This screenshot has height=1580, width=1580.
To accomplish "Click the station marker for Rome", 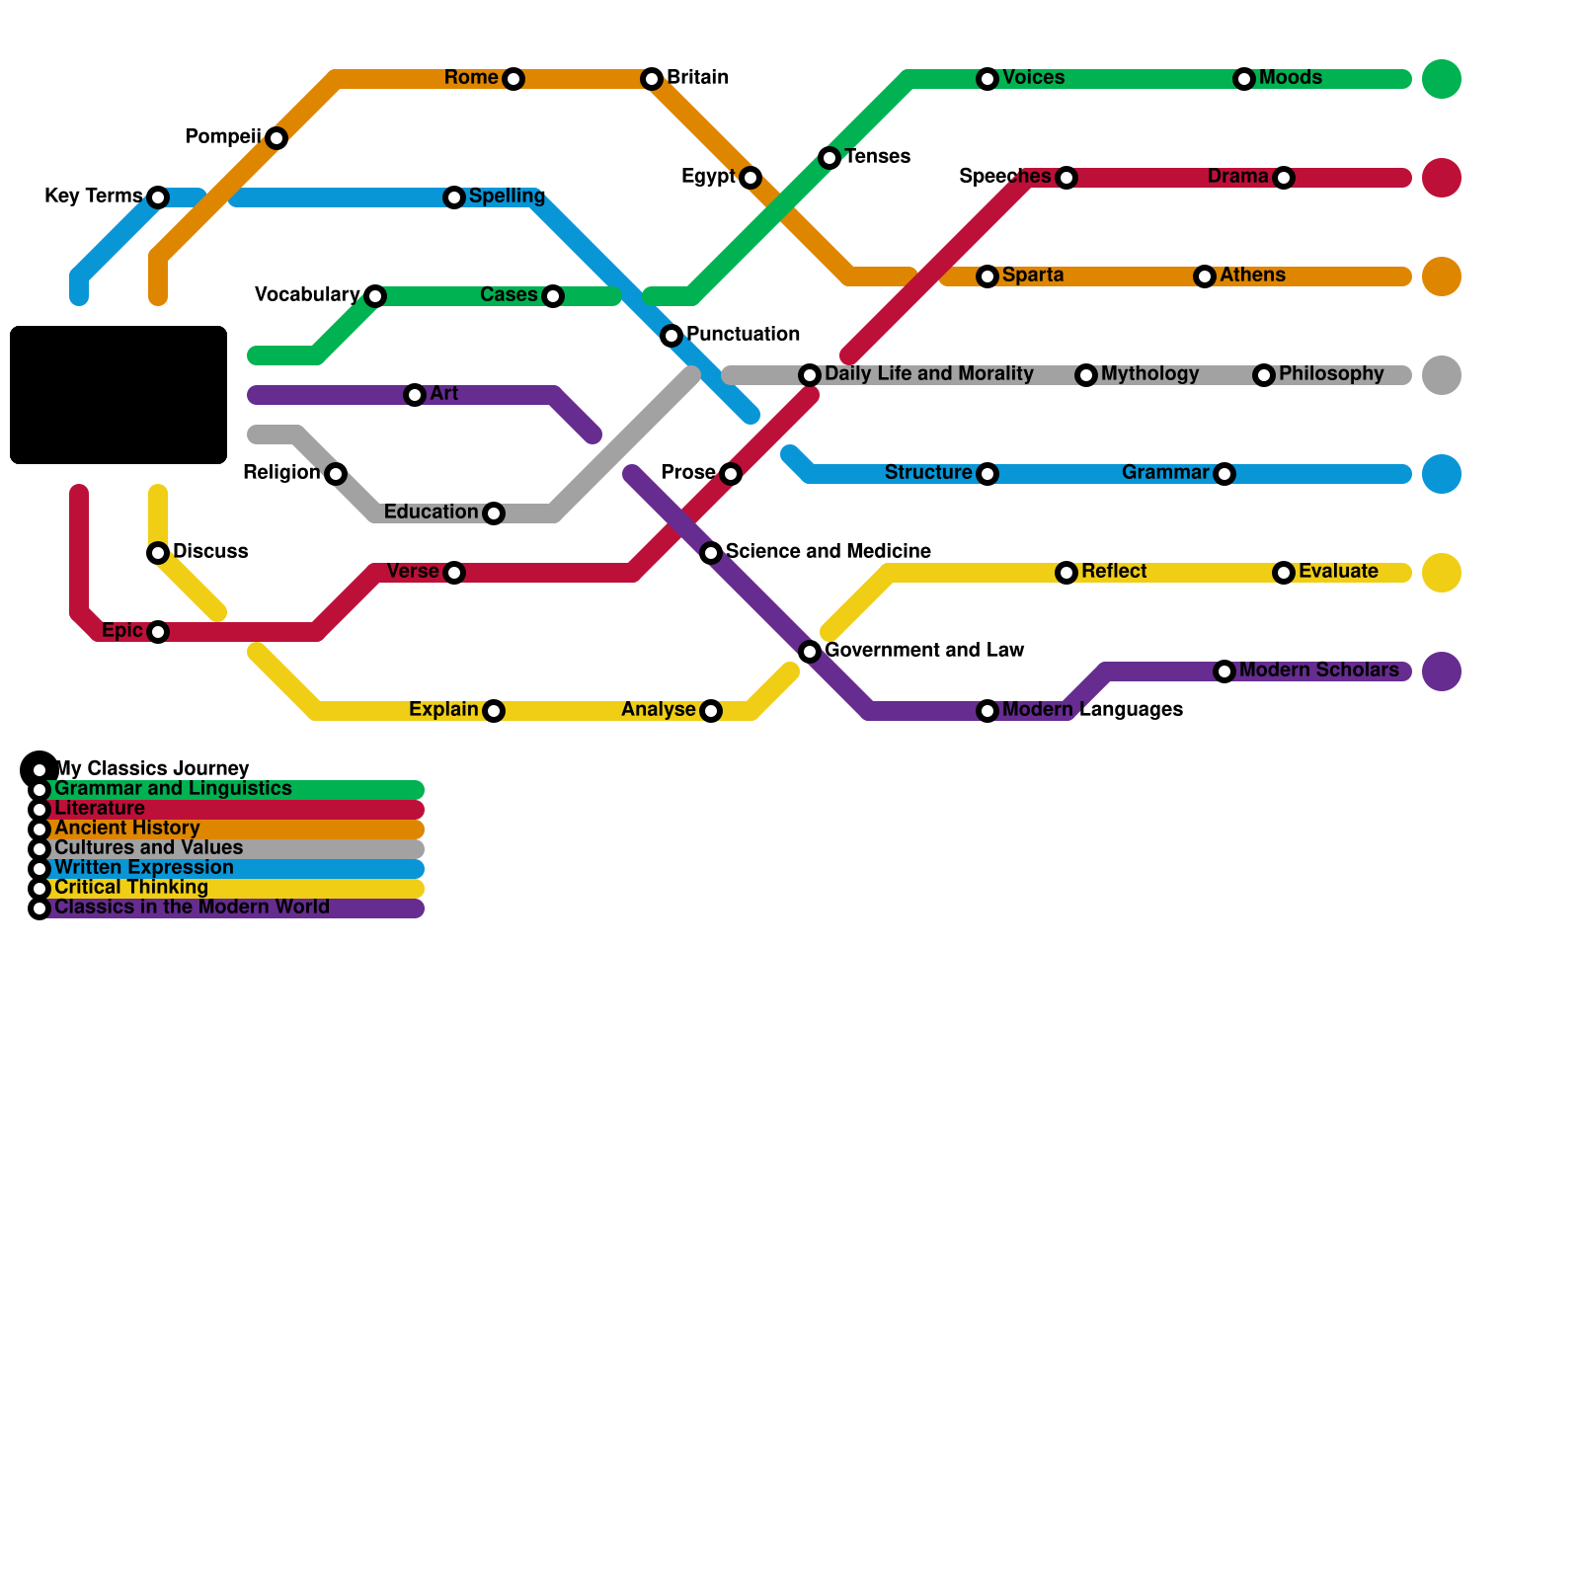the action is (x=513, y=79).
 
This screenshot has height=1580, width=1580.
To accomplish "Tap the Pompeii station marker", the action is (x=276, y=138).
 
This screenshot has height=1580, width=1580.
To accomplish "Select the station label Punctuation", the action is (x=743, y=335).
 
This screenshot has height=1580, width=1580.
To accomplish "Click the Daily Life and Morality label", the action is (x=928, y=374).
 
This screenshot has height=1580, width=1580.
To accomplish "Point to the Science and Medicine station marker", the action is (x=711, y=553).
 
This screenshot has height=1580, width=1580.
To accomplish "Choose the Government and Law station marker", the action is (x=810, y=652).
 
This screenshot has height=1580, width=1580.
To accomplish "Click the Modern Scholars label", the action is (x=1318, y=671).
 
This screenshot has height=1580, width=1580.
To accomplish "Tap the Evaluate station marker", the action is (x=1283, y=573).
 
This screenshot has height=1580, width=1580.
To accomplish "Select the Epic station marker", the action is (x=158, y=632).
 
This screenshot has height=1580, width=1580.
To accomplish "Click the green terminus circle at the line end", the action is (x=1441, y=79).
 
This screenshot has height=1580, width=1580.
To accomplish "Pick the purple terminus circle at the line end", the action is (x=1441, y=671).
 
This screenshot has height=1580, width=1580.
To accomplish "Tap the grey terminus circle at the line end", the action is (x=1441, y=375).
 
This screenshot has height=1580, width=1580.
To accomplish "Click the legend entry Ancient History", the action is (x=126, y=829).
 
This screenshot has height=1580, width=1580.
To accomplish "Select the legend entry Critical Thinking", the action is (x=130, y=888).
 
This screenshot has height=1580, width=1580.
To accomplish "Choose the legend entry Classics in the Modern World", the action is (x=192, y=908).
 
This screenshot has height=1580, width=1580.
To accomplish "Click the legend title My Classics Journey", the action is (x=151, y=768).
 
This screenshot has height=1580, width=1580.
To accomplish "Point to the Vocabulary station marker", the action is (x=374, y=296).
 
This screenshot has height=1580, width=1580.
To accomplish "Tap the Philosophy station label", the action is (x=1330, y=374).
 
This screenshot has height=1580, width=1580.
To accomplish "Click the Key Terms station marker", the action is (x=158, y=197).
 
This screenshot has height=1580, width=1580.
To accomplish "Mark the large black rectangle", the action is (x=118, y=395).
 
